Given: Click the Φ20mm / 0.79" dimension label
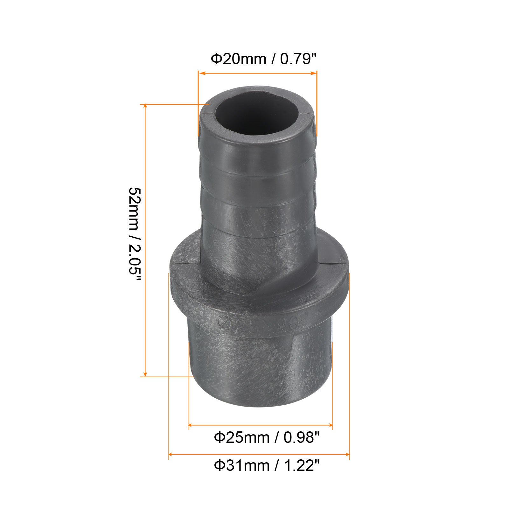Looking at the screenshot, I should coord(264,59).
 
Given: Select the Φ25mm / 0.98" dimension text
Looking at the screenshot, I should coord(267,438).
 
